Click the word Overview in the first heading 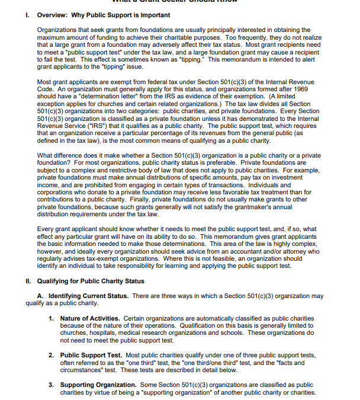[54, 15]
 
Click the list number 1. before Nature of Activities [52, 319]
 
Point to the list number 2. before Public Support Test [52, 355]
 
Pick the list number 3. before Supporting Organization [52, 385]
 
